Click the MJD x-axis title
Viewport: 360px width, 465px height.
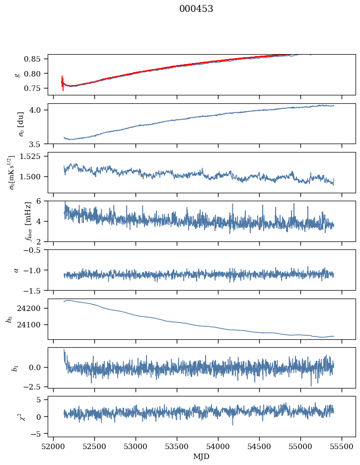click(201, 456)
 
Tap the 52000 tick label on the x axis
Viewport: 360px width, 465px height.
click(54, 447)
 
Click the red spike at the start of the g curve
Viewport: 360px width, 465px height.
click(63, 82)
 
